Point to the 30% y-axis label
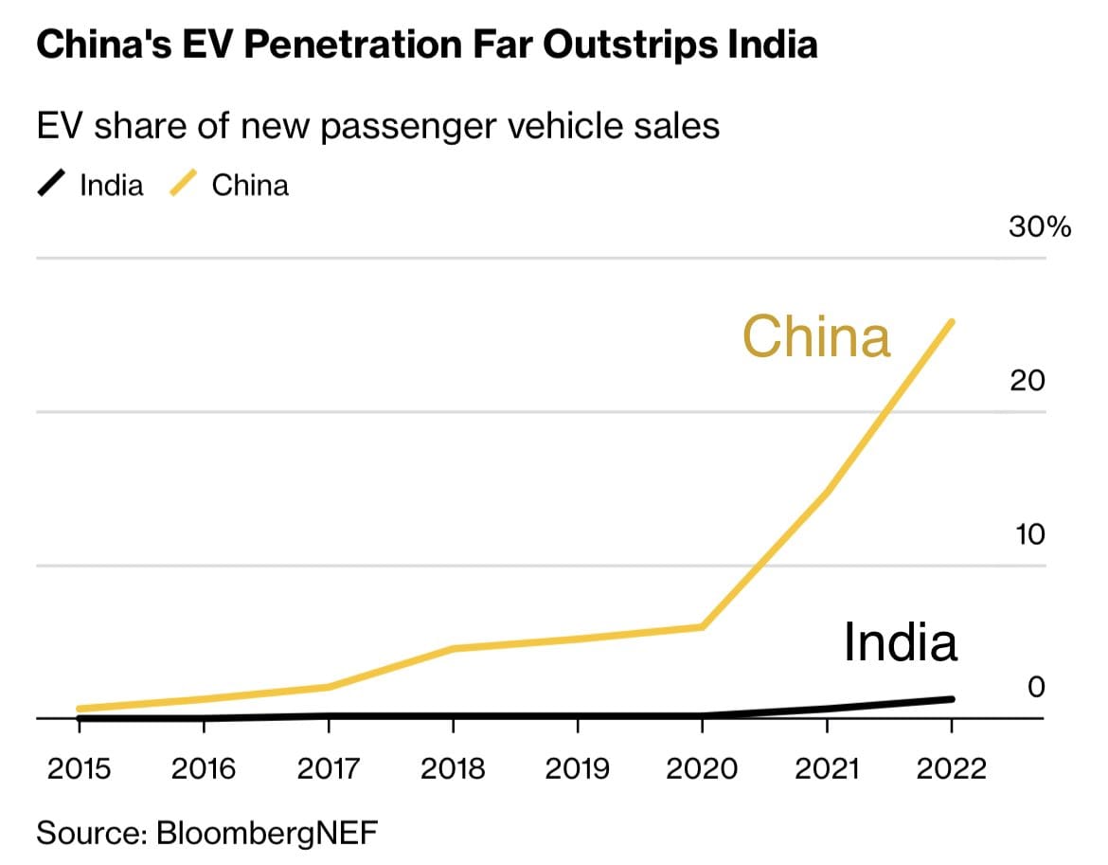pos(1039,227)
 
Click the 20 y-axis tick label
pos(1028,380)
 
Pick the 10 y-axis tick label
pos(1028,534)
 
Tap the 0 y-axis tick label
pos(1036,687)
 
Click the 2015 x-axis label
pos(79,767)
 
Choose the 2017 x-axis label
pos(328,767)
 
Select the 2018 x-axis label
pos(453,767)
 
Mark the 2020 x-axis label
pos(702,767)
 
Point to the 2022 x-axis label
pos(951,767)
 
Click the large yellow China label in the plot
pos(816,336)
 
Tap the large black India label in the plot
pos(901,641)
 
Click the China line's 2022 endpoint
pos(951,322)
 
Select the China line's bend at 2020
pos(702,626)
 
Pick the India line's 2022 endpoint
pos(951,699)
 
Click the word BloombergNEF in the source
pos(266,834)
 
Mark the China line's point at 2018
pos(453,648)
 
